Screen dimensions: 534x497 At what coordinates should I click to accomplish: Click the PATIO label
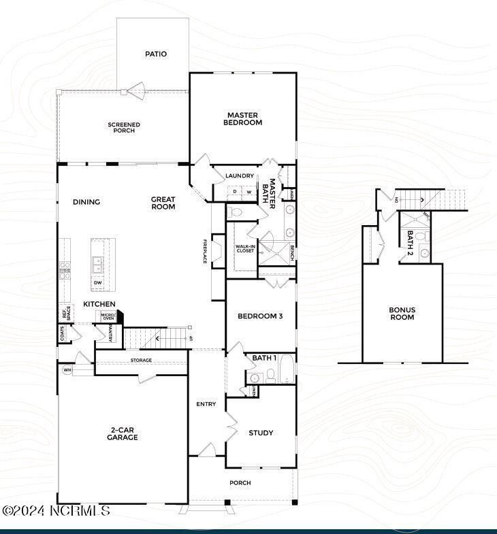155,54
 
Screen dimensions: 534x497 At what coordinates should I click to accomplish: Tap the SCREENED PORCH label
124,127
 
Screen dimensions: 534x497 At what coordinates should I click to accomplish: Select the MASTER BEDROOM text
244,119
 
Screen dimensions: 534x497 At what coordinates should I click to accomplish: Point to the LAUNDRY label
239,176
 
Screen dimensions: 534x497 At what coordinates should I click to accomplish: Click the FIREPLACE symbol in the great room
217,251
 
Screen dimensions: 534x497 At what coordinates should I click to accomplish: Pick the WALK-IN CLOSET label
245,248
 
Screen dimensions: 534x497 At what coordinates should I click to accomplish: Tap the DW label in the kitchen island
97,282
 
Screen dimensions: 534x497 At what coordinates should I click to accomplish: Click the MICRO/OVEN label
108,317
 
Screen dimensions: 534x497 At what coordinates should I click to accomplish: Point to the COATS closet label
63,333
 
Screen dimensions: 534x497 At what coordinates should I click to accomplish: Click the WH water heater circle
67,370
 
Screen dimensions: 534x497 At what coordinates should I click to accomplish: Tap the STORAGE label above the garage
141,361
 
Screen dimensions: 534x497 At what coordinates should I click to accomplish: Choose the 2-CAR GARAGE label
123,433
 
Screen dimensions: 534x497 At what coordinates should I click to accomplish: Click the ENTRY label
206,404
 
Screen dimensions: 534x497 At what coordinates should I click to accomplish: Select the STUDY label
261,433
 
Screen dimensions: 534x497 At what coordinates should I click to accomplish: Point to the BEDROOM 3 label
260,316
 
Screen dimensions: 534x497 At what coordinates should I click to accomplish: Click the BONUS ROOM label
402,314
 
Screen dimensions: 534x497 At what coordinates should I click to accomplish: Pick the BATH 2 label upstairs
411,241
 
